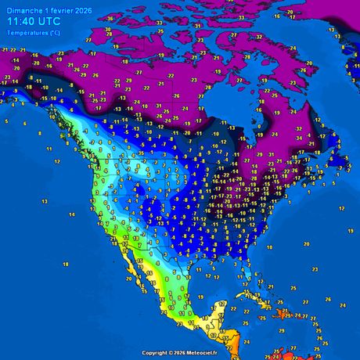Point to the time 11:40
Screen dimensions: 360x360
(20, 22)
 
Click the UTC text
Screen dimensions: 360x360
(49, 22)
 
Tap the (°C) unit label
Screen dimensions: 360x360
(53, 33)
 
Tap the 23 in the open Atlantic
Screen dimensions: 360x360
(315, 268)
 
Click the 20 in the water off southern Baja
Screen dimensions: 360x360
(130, 279)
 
